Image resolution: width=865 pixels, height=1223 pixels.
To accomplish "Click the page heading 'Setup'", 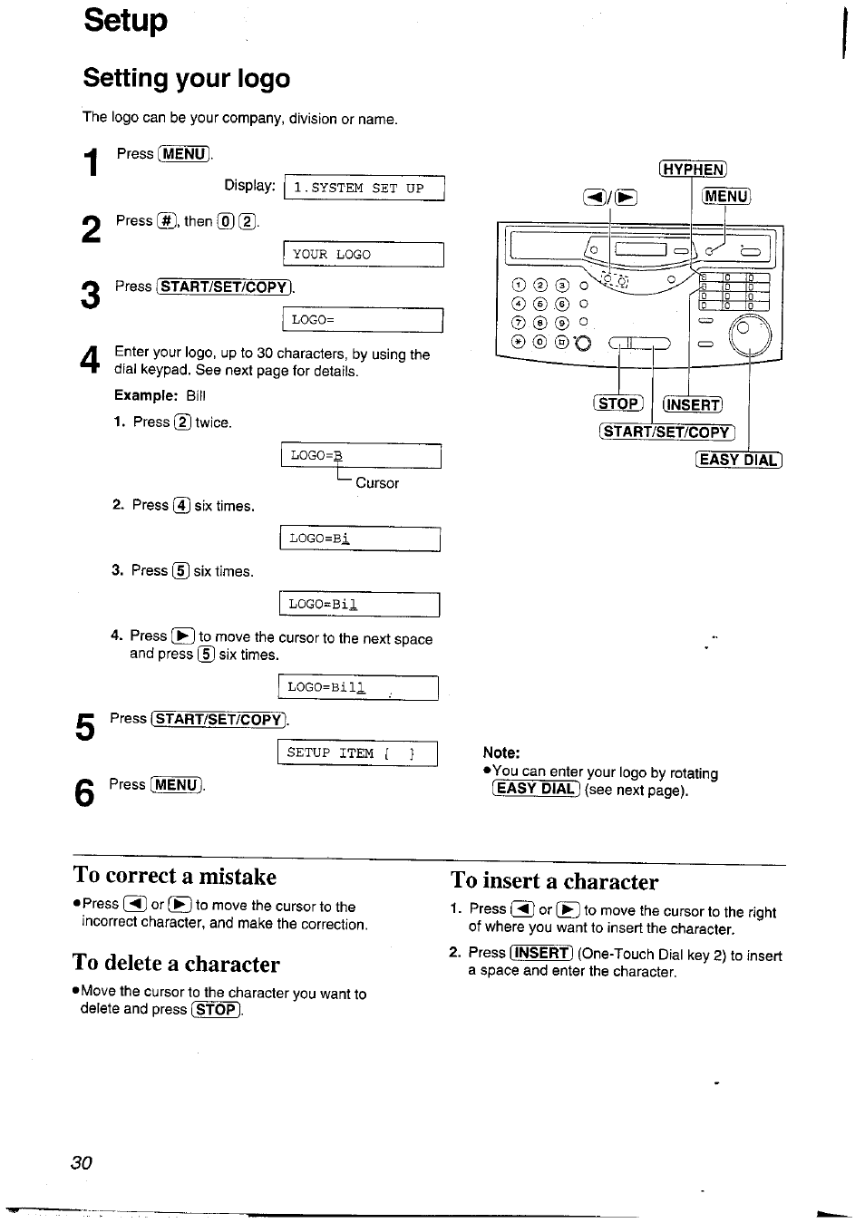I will pos(125,20).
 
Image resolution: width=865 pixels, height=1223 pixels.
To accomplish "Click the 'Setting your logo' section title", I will pos(187,79).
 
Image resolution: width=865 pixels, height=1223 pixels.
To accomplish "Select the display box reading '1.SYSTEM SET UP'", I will pos(364,188).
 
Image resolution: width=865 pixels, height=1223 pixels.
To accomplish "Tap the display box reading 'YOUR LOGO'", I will pos(363,255).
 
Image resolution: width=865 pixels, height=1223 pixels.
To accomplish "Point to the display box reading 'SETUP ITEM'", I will pos(357,753).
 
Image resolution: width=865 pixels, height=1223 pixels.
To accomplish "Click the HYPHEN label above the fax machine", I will pos(693,169).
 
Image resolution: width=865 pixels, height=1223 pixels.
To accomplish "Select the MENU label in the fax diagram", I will pos(725,196).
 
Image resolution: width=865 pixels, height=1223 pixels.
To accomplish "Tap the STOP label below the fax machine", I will pos(618,404).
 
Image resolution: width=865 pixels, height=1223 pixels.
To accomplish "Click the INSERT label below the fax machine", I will pos(693,405).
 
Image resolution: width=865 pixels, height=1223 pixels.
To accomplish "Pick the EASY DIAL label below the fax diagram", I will pos(738,460).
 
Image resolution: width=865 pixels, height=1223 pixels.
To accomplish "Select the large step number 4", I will pos(88,362).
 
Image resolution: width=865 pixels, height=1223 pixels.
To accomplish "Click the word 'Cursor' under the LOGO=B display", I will pos(377,483).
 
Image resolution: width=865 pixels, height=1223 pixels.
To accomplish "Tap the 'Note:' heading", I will pos(501,752).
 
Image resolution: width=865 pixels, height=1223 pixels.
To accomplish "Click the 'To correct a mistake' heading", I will pos(175,876).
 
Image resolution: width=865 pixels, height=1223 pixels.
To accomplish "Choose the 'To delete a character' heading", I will pos(176,964).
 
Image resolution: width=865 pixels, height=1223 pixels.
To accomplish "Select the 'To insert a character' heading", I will pos(555,881).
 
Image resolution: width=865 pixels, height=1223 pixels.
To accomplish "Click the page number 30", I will pos(81,1163).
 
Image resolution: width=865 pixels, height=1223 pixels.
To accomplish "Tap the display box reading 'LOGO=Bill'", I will pos(357,688).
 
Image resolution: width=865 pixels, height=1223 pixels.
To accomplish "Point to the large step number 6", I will pos(84,793).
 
